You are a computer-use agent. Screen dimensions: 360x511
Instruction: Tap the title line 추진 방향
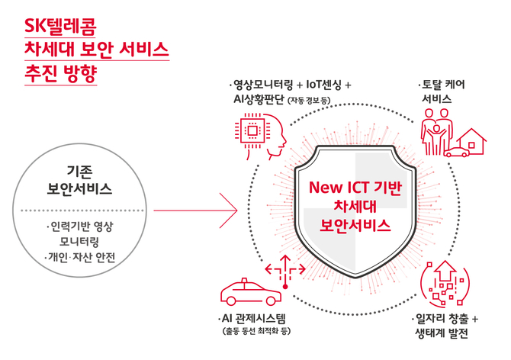(x=60, y=76)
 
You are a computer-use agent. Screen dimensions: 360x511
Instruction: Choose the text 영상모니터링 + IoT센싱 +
(x=291, y=85)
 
